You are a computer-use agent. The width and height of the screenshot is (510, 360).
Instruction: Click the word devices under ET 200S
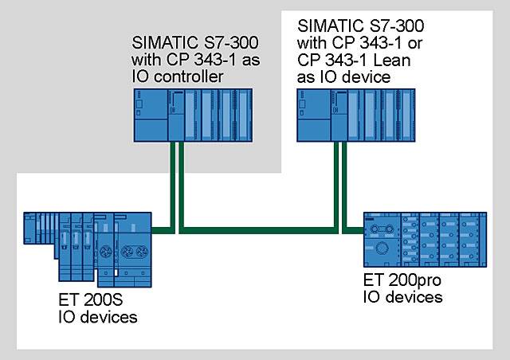(107, 317)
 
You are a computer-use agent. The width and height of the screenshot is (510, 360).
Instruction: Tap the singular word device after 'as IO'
(371, 76)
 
